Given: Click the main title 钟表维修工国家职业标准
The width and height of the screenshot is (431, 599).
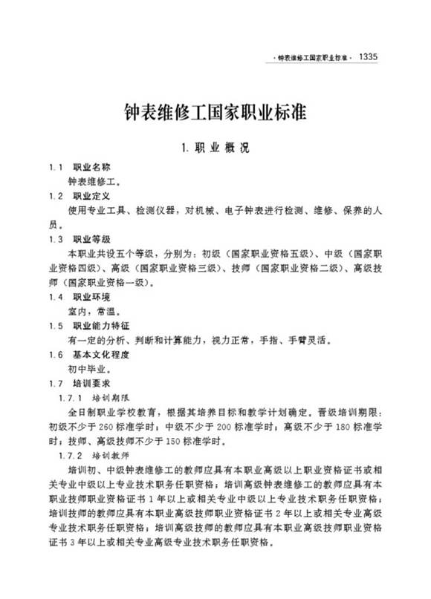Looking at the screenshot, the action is tap(215, 114).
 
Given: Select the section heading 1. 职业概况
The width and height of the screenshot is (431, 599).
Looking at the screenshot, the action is tap(215, 147).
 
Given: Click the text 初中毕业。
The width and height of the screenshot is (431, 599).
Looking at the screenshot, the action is tap(88, 369).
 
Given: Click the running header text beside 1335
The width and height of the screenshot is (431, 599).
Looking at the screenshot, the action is tap(310, 57).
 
